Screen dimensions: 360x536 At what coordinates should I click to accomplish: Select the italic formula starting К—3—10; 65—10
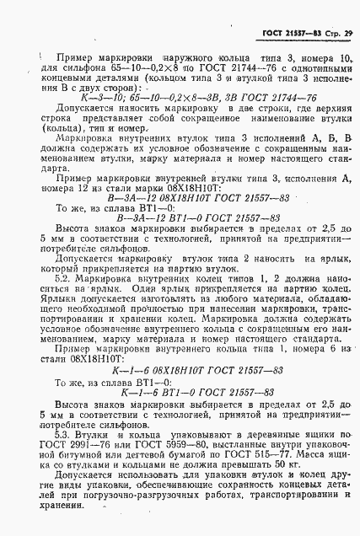click(195, 98)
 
